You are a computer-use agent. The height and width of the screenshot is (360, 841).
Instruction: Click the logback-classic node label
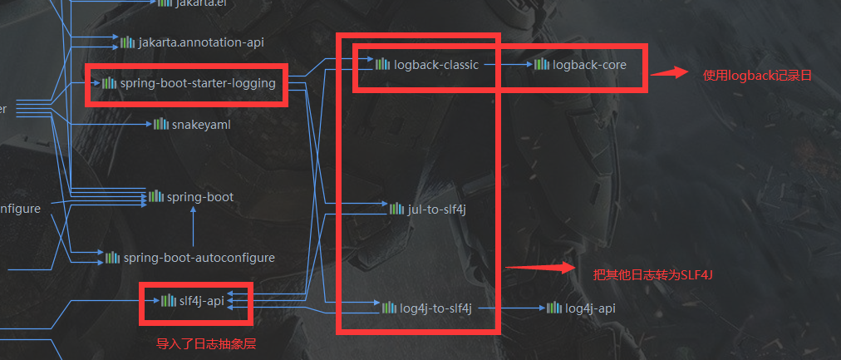pos(435,64)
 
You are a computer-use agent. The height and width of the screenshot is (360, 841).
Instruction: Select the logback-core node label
pos(589,64)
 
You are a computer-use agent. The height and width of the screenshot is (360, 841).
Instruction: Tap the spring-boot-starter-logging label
pos(197,83)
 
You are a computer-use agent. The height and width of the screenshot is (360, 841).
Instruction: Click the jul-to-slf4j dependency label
pos(437,209)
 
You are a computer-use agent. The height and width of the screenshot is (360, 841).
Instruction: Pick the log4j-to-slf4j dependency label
pos(435,308)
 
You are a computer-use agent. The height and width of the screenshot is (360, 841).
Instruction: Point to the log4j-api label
pos(590,308)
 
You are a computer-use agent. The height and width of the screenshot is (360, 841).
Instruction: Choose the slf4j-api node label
pos(202,300)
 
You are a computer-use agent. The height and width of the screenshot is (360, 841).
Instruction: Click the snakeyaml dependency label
pos(201,124)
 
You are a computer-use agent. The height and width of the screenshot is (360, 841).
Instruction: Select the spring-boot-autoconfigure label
pos(199,258)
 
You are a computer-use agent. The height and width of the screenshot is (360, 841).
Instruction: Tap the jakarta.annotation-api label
pos(201,42)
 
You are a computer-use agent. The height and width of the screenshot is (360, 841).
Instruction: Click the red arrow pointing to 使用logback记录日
pos(669,73)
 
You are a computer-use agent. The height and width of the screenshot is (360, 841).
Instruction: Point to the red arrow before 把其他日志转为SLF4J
pos(540,268)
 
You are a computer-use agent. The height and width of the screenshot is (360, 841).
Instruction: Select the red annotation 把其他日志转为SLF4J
pos(653,274)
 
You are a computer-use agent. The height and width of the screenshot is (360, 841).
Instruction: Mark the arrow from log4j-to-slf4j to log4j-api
pos(511,308)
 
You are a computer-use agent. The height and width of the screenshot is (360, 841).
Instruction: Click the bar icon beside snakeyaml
pos(160,124)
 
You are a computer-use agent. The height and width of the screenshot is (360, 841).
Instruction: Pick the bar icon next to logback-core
pos(542,64)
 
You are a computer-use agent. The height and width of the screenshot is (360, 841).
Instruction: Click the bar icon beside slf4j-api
pos(169,300)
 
